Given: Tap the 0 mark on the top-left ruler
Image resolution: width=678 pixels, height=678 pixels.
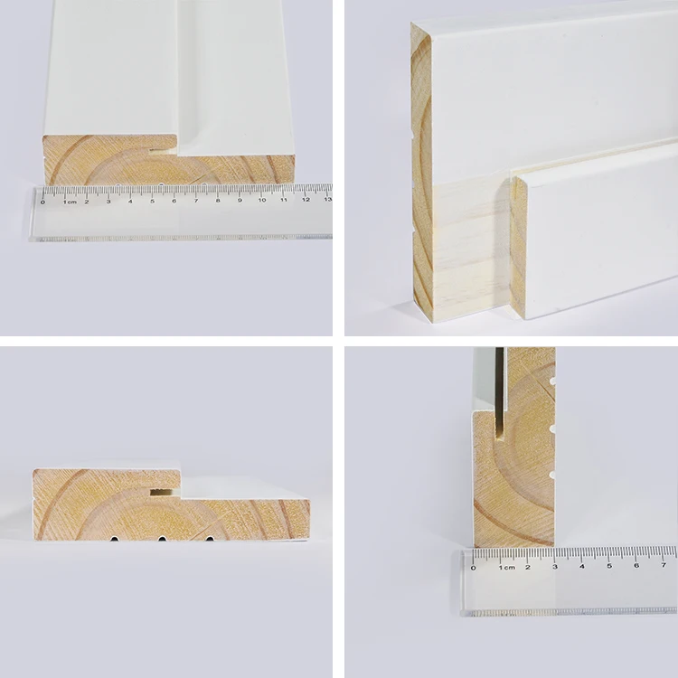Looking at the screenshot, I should tap(43, 201).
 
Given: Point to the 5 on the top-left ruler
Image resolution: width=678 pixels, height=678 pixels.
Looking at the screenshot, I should tap(152, 200).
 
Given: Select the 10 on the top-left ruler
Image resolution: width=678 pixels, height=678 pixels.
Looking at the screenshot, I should tap(261, 200).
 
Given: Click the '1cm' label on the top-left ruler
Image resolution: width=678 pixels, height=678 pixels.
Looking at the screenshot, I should tap(69, 201).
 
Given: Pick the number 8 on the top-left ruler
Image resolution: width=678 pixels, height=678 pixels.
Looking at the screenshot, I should tap(218, 200).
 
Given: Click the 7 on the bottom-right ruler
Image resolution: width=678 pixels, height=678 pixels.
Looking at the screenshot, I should tap(663, 566).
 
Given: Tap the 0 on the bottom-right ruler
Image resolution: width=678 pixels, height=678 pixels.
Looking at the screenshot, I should tap(473, 567).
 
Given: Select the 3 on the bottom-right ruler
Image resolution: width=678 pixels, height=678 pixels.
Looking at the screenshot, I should tap(554, 566).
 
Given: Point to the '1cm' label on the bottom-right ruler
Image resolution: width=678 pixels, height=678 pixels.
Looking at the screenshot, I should tap(505, 567).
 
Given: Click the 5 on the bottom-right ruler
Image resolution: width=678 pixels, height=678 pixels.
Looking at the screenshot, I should tap(608, 566).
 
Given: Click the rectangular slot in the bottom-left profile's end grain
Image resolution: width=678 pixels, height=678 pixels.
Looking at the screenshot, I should tap(162, 493).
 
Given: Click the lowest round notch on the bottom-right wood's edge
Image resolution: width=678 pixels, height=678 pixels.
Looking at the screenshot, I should tap(551, 474).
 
